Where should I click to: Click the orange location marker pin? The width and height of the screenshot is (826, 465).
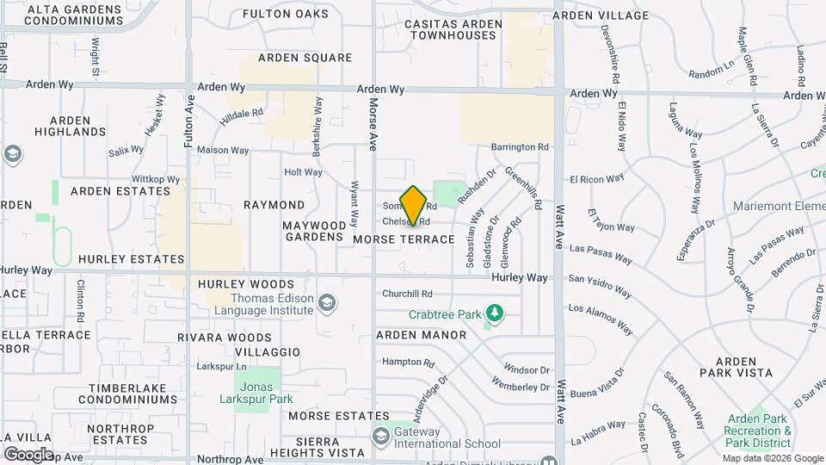414,206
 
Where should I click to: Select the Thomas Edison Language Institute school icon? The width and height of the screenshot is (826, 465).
327,302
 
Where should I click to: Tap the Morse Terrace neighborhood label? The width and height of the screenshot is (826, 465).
403,239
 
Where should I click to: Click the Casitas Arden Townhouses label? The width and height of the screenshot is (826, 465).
443,29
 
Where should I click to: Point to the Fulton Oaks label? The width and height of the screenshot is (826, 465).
286,14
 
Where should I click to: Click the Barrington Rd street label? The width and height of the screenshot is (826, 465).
520,147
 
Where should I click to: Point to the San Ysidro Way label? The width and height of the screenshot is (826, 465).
602,278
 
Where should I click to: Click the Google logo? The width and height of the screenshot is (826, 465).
28,454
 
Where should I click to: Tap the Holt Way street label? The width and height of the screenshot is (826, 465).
303,172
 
